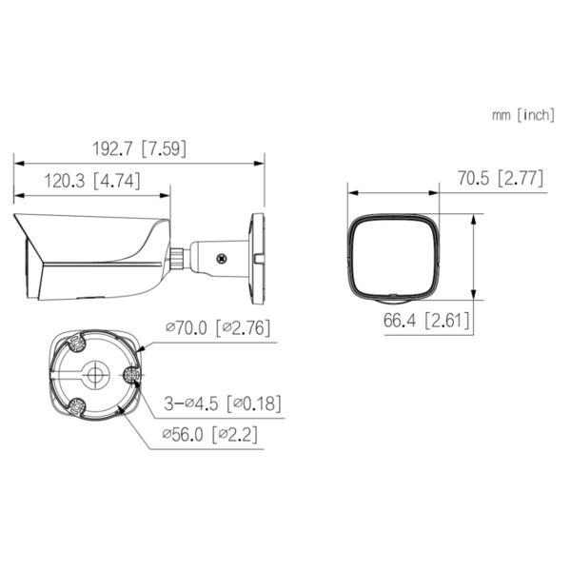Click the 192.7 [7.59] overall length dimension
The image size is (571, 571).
139,148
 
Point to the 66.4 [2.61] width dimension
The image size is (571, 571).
427,321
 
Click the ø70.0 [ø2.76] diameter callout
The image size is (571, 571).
217,327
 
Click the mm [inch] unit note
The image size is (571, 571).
522,115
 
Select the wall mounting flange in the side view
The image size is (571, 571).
256,249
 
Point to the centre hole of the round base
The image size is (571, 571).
94,376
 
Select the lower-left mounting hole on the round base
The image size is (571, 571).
75,410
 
